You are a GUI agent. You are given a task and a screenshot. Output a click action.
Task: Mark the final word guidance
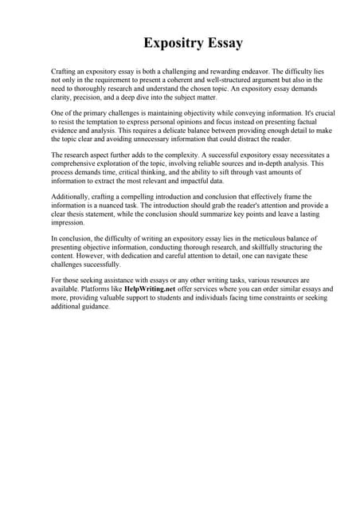pyautogui.click(x=97, y=308)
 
